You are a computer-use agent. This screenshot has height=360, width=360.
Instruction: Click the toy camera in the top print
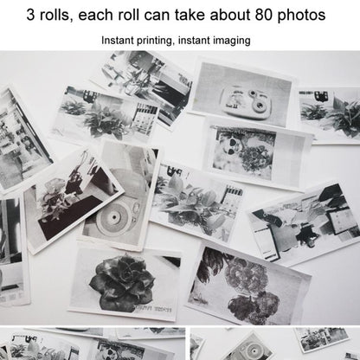(242, 98)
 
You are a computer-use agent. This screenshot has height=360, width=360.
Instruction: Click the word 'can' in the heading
(166, 15)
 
